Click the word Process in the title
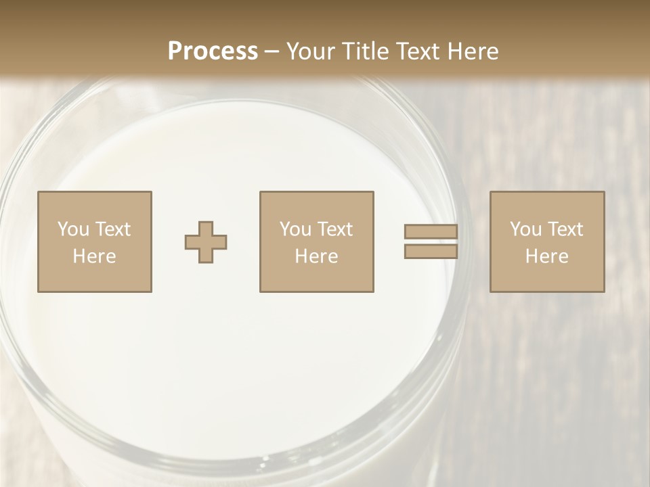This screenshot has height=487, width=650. (x=213, y=51)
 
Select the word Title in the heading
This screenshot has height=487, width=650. (x=364, y=51)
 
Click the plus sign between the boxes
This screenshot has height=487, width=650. (x=206, y=242)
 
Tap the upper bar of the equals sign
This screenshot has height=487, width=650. (x=431, y=232)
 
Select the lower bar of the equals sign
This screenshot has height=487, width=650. (x=431, y=252)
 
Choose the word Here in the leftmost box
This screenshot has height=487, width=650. (x=94, y=256)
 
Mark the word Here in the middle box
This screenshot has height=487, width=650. (x=316, y=256)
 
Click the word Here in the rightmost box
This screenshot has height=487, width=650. (x=546, y=256)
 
